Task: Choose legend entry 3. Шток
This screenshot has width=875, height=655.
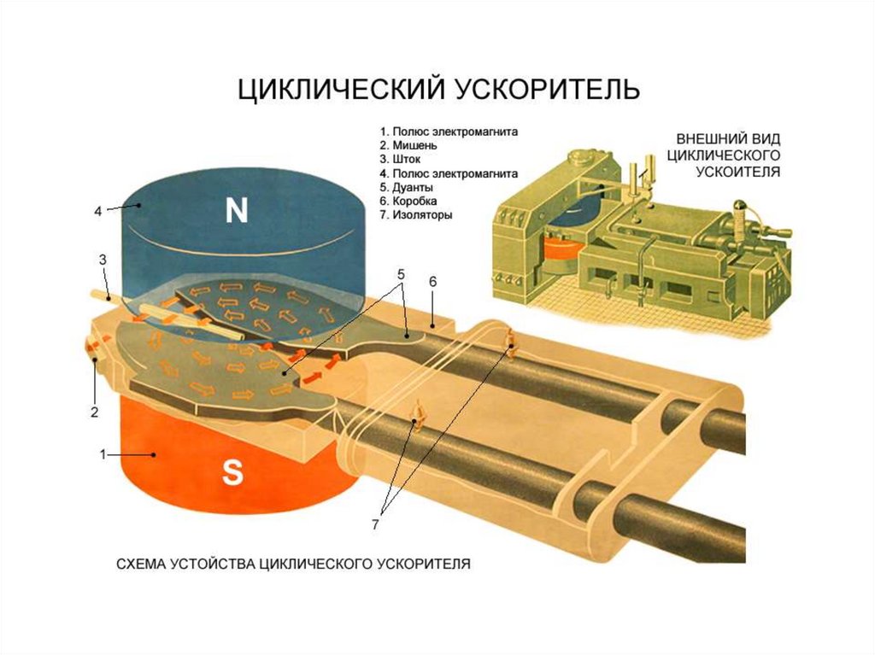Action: (406, 160)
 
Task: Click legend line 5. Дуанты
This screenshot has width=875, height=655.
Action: (412, 187)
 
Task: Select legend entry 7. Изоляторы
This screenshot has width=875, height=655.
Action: (422, 214)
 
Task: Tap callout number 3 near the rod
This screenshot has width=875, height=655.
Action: (102, 259)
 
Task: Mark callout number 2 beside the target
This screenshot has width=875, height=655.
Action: (95, 412)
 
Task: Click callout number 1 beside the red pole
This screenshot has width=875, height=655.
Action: (103, 455)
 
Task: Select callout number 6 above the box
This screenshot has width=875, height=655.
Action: (433, 281)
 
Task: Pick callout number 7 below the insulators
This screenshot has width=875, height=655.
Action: (375, 524)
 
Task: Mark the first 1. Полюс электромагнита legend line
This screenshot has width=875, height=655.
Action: (449, 132)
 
